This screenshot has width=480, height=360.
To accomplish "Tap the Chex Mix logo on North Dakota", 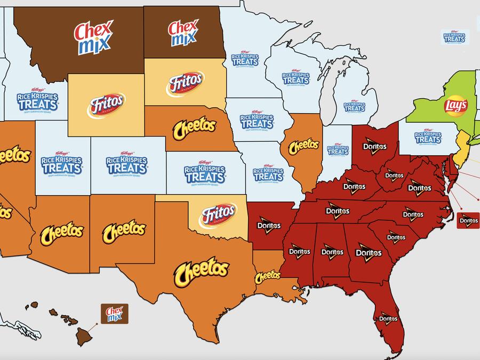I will coord(183,33).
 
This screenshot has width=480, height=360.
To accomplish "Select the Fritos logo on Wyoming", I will coord(106,105).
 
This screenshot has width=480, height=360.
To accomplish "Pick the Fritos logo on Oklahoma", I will coord(218,215).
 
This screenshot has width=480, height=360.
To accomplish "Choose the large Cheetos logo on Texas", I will coord(201,270).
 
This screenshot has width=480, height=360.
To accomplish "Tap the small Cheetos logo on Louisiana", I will coord(268,276).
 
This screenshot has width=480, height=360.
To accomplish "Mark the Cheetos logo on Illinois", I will coord(303,146).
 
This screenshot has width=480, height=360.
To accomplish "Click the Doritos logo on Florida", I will coord(388,319).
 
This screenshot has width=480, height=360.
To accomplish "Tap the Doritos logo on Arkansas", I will coord(269,226).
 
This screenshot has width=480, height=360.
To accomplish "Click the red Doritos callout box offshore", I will coord(468,220).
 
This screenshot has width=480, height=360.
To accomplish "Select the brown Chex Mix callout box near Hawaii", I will coord(115,314).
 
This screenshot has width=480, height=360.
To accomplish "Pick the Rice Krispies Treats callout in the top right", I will coord(454,37).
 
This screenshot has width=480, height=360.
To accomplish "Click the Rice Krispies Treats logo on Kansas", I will coord(205,172).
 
